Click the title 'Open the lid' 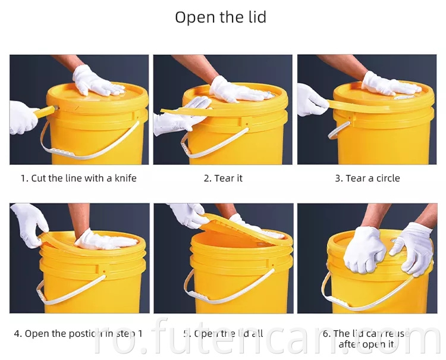(221, 17)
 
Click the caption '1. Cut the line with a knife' (78, 178)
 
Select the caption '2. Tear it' (223, 178)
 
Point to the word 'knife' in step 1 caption (124, 178)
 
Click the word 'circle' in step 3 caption (385, 178)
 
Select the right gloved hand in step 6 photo (413, 247)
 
